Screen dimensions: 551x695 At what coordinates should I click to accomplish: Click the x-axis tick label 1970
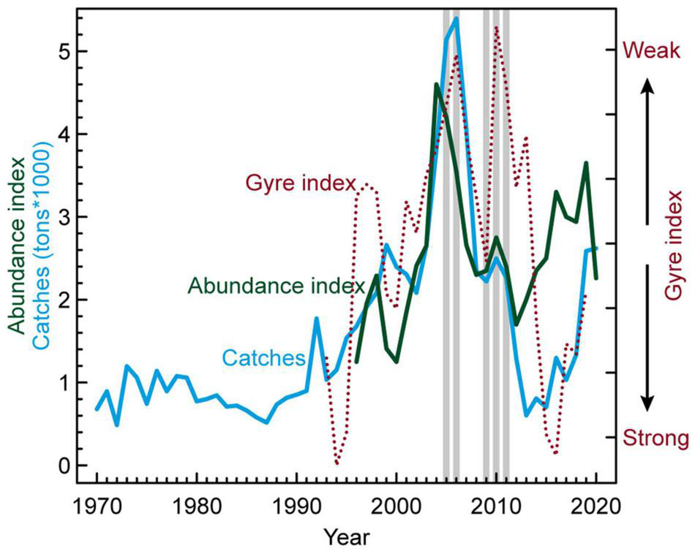click(97, 506)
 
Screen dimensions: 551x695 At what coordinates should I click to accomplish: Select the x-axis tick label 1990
click(296, 506)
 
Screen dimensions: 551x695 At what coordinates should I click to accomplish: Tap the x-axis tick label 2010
click(496, 506)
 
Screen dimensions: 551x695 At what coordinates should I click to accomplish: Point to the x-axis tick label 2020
click(596, 506)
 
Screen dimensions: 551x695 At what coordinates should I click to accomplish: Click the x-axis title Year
click(346, 536)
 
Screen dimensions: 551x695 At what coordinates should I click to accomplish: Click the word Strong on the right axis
click(655, 438)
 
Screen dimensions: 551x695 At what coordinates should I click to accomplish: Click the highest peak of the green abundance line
click(436, 84)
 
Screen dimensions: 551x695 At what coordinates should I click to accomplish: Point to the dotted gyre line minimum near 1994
click(337, 463)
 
